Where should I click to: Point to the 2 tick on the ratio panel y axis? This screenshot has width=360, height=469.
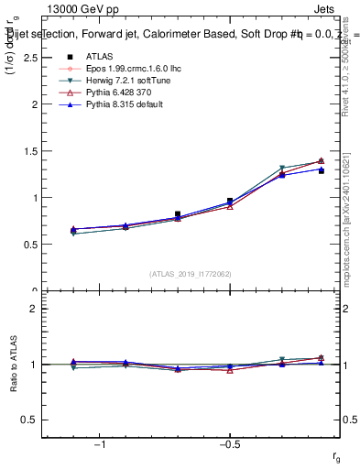pyautogui.click(x=33, y=309)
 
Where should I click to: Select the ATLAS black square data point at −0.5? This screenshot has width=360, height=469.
pyautogui.click(x=230, y=201)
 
